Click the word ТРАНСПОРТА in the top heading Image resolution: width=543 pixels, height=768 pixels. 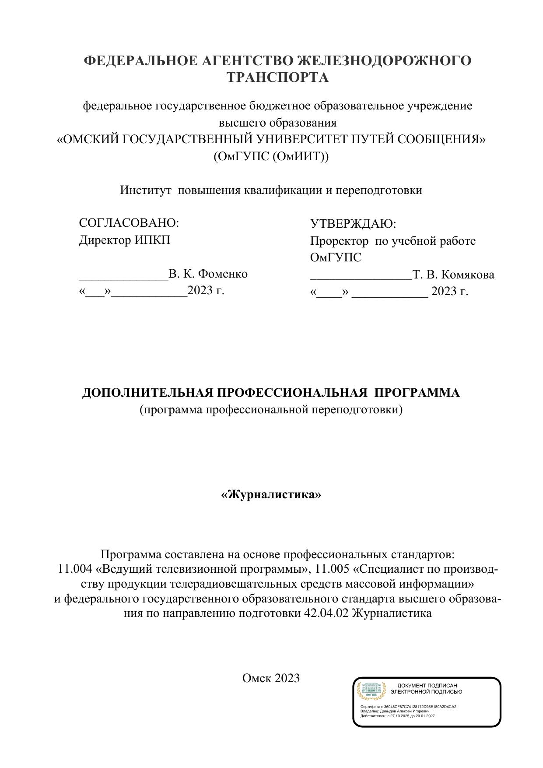coord(277,78)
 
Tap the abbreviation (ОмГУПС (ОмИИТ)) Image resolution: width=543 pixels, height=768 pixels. coord(271,156)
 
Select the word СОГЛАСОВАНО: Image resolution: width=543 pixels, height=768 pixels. coord(129,223)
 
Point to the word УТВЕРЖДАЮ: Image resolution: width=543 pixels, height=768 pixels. coord(353,224)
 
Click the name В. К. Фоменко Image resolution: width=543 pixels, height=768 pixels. coord(208,274)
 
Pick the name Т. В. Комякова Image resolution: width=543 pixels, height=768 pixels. coord(453,275)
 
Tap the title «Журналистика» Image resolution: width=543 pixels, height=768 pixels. coord(271,494)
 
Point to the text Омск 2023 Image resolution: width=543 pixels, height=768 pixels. coord(271,678)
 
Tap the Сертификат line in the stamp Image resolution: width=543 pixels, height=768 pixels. coord(408,707)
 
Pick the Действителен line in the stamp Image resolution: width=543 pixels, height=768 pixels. coord(397,716)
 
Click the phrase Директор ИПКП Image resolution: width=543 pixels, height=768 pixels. coord(125,240)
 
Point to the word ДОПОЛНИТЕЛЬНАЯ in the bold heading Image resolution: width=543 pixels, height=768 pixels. coord(148,393)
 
